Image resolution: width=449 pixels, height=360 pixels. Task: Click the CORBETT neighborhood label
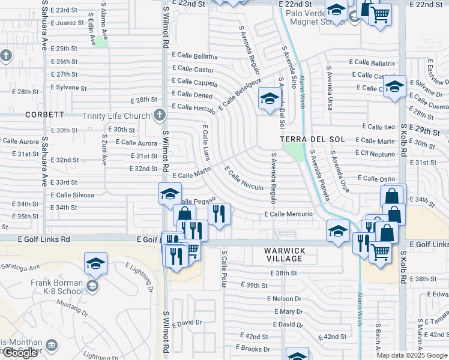[45, 114]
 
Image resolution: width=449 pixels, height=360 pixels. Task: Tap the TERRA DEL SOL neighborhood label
[312, 139]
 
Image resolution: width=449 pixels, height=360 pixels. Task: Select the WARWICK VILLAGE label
[285, 254]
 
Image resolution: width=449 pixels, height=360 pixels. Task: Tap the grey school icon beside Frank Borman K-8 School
[92, 286]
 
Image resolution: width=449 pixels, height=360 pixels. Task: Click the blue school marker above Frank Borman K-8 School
[95, 263]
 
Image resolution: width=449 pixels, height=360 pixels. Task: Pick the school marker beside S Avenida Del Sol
[268, 98]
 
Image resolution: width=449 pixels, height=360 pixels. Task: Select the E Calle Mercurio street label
[288, 214]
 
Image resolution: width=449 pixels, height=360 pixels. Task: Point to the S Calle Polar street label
[223, 269]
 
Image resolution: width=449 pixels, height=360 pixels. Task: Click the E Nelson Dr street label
[286, 298]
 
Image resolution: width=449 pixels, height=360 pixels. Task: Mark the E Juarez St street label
[67, 23]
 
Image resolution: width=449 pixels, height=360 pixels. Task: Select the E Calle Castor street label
[193, 70]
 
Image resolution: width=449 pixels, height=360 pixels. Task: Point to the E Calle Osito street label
[376, 178]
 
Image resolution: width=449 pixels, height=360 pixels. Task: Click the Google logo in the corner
[20, 353]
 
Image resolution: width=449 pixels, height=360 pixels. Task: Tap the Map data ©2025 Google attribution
[412, 355]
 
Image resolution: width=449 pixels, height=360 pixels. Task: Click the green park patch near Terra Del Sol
[294, 152]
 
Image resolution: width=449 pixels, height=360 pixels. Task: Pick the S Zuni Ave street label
[103, 151]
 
